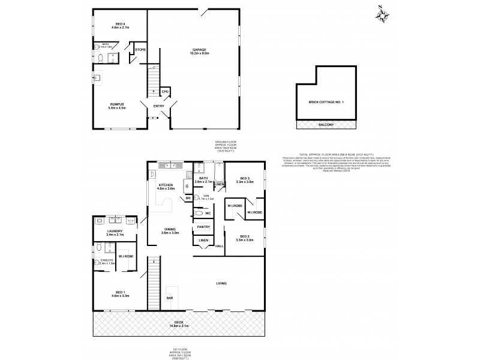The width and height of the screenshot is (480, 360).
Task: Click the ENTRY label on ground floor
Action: tap(158, 107)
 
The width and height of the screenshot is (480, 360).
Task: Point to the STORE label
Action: tap(140, 50)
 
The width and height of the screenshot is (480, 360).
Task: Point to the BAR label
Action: tap(170, 298)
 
